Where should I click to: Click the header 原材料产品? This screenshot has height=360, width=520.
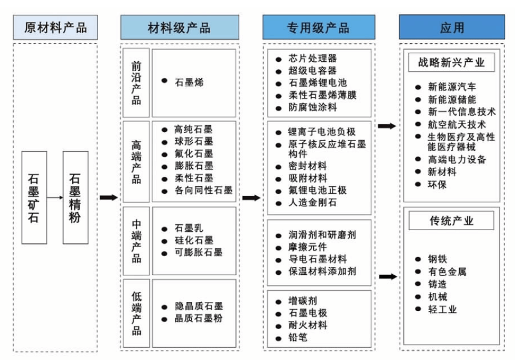click(55, 27)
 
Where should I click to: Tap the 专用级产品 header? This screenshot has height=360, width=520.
click(318, 27)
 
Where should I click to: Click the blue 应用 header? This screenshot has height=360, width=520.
click(452, 27)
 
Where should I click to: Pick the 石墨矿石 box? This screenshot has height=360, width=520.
click(34, 198)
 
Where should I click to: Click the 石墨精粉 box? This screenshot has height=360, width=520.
click(75, 198)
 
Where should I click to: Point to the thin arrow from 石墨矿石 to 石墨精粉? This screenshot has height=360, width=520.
click(54, 198)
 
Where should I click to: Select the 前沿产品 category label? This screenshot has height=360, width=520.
click(136, 83)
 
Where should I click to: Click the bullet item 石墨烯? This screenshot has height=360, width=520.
click(189, 83)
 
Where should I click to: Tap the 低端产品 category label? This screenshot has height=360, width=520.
click(136, 313)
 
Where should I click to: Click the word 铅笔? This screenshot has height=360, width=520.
click(298, 337)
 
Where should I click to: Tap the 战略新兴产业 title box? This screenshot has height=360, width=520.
click(452, 62)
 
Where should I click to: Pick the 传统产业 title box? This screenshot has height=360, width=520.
click(452, 220)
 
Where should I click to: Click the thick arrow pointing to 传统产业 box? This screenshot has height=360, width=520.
click(387, 276)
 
